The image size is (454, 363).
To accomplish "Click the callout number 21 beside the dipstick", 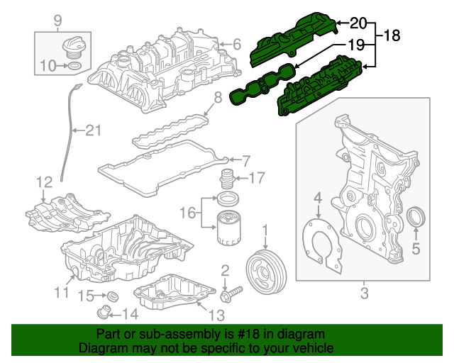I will click(x=94, y=130).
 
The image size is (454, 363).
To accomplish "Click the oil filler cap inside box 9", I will click(x=72, y=49).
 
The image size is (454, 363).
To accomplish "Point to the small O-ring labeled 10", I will click(x=73, y=67).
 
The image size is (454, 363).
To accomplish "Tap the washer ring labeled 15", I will click(x=112, y=296).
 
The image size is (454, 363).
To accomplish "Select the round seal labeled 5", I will click(x=417, y=216).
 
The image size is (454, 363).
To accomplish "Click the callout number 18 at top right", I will click(x=393, y=35).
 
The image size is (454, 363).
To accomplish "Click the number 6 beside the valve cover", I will click(x=238, y=44).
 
